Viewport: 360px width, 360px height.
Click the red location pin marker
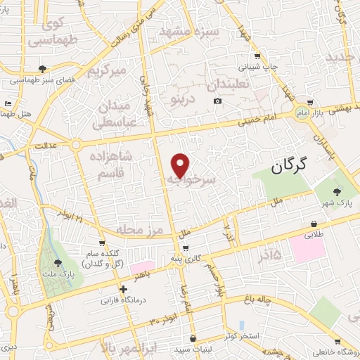pyautogui.click(x=181, y=165)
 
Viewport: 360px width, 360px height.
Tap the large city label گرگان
pyautogui.click(x=289, y=167)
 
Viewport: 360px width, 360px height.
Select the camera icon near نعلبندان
pyautogui.click(x=218, y=101)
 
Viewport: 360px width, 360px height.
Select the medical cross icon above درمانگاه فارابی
pyautogui.click(x=123, y=288)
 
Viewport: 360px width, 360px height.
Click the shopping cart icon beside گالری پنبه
pyautogui.click(x=185, y=248)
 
